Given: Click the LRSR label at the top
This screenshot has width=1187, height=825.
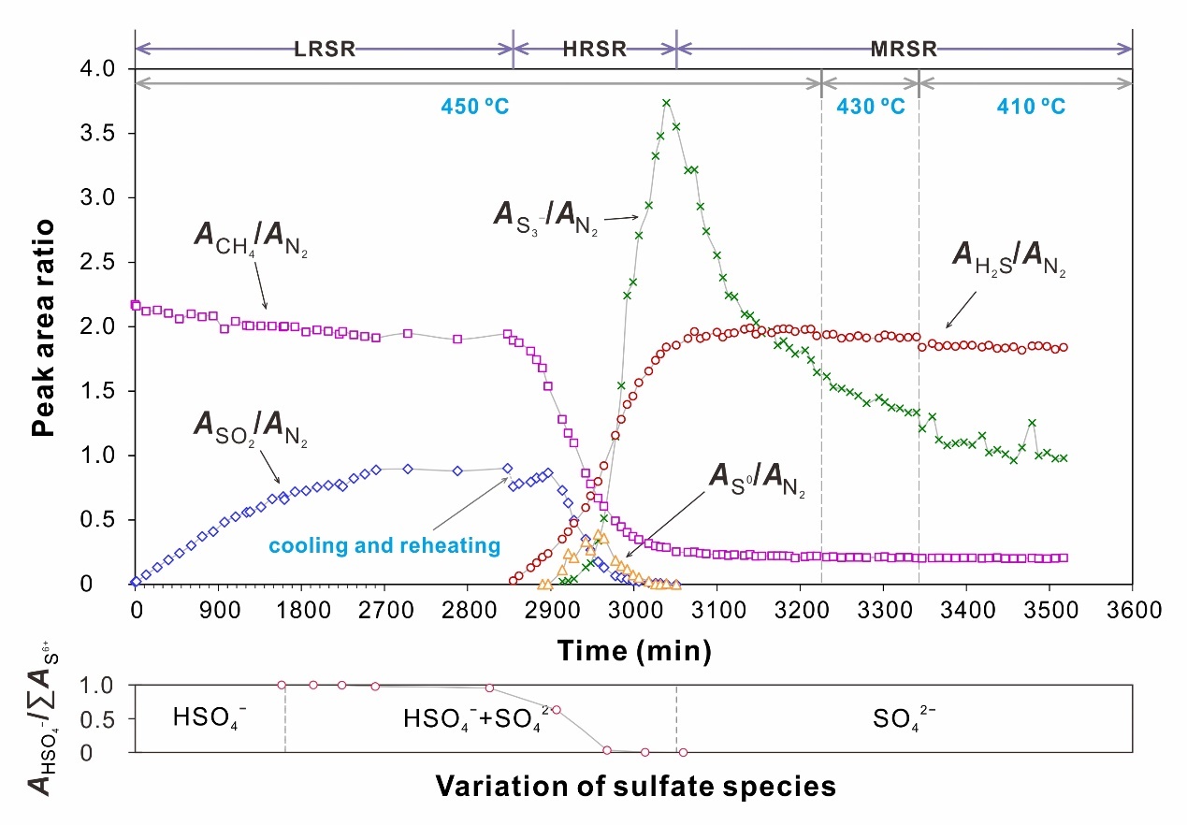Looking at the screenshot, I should (326, 50).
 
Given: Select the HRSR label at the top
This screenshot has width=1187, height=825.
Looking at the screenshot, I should (596, 50).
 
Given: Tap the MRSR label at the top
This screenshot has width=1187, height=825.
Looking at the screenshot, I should (905, 50).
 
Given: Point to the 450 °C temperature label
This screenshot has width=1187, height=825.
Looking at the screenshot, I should (475, 106).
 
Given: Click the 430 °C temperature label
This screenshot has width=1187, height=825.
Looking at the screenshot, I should (870, 106).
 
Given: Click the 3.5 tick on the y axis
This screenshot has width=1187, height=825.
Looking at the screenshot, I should (97, 133).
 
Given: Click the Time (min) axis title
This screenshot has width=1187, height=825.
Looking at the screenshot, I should (632, 647).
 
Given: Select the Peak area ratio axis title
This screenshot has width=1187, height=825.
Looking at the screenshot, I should (41, 327).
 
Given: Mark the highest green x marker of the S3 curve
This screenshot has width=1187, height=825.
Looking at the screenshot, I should (666, 103).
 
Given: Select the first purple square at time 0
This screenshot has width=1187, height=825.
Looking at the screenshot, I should (136, 305).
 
